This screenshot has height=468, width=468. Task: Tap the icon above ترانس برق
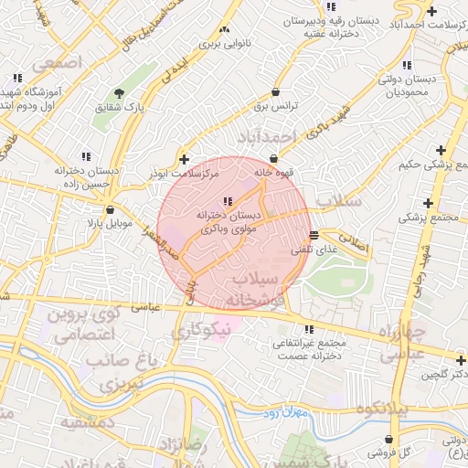click(276, 91)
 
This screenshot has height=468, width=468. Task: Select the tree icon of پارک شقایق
click(119, 92)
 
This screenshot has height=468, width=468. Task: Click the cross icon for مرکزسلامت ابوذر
click(185, 158)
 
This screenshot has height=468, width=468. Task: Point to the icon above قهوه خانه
click(273, 158)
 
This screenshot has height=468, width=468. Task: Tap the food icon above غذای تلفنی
click(314, 235)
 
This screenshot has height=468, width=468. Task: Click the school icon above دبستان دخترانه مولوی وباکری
click(229, 201)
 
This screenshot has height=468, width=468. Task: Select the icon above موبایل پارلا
click(109, 208)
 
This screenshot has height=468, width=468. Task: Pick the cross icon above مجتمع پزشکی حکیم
click(441, 150)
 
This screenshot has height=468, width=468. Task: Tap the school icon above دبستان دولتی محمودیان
click(407, 64)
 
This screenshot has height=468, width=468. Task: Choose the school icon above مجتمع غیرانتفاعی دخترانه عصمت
click(308, 329)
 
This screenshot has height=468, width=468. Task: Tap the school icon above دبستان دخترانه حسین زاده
click(86, 155)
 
